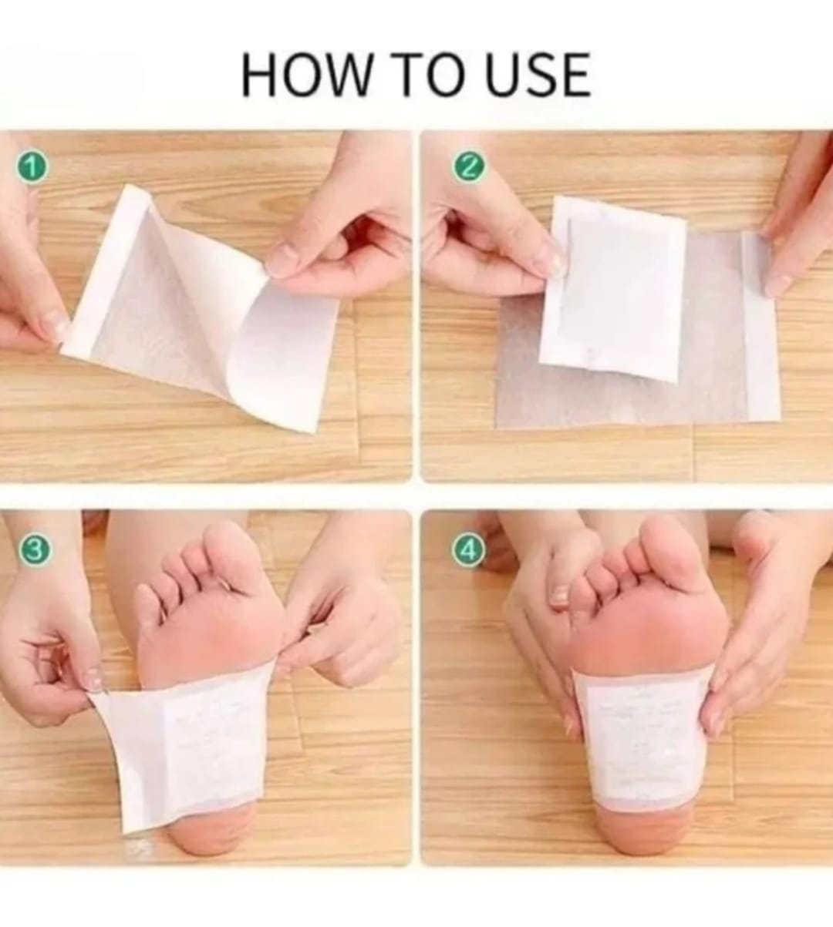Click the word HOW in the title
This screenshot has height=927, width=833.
point(305,76)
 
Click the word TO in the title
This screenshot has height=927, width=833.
point(430,76)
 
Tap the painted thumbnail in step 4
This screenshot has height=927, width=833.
point(558,596)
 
